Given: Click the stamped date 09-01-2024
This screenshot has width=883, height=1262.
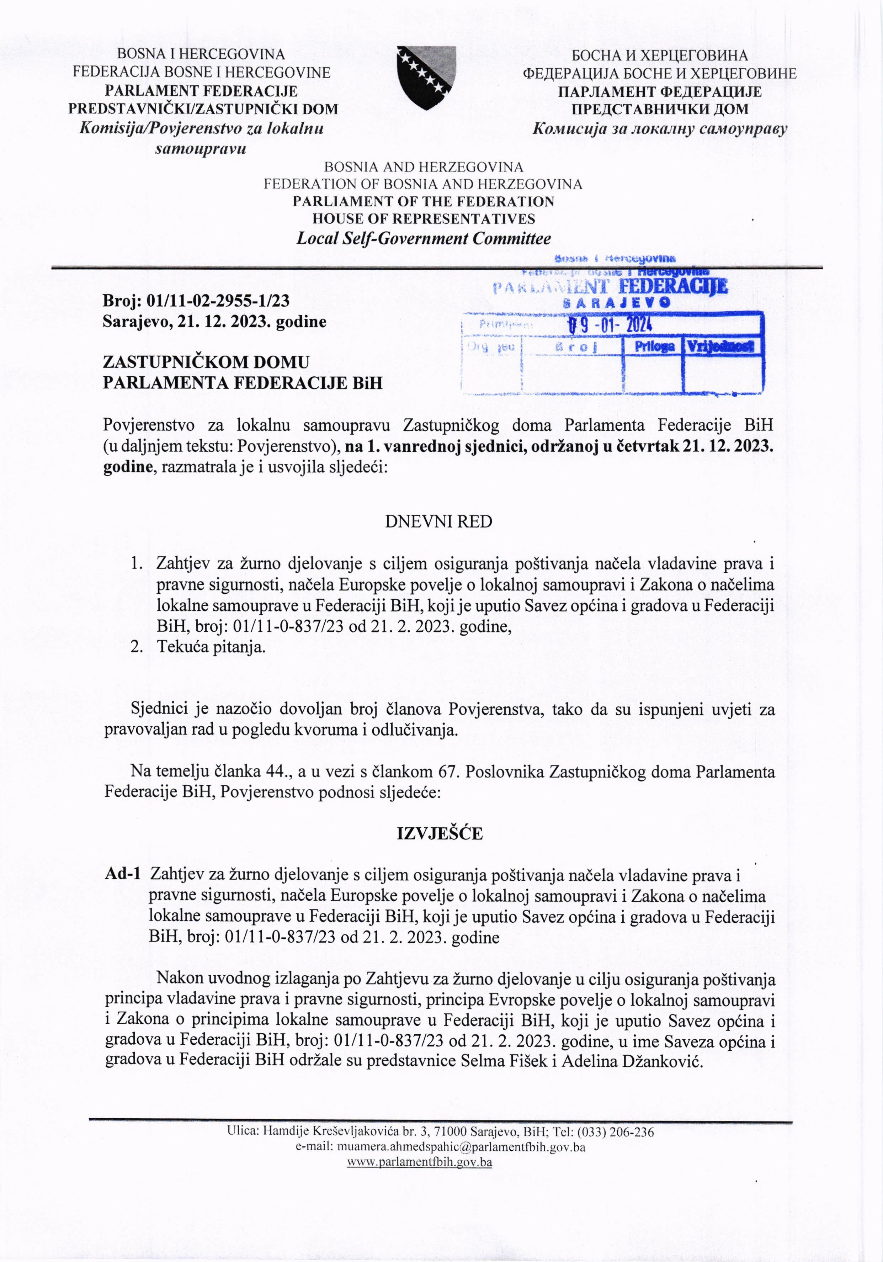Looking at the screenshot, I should coord(610,326).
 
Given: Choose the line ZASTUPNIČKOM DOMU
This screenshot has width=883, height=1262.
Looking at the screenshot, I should coord(206,362).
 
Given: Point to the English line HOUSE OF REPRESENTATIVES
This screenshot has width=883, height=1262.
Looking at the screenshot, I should coord(423,219).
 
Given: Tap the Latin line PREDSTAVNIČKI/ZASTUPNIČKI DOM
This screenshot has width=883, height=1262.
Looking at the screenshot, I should coord(203,109).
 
